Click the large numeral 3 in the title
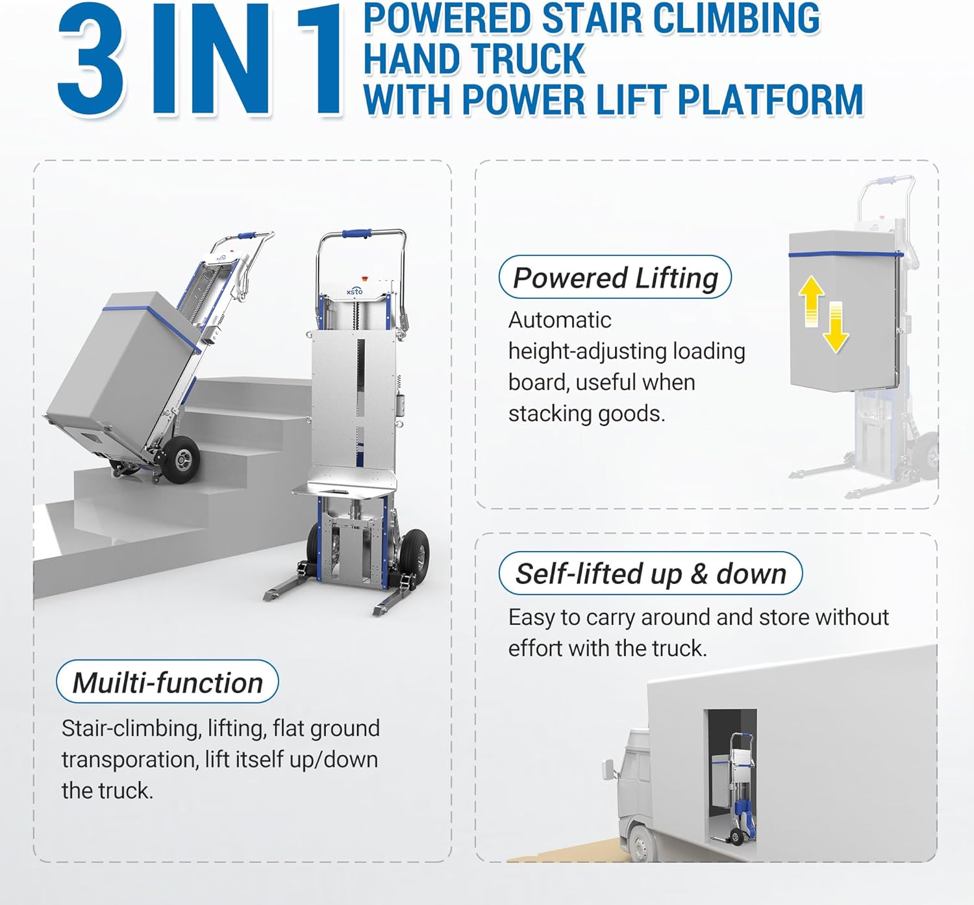click(91, 59)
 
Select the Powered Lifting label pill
click(615, 277)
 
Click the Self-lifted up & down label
click(651, 573)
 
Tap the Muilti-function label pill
click(168, 682)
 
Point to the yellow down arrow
click(836, 327)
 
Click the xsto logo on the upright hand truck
click(355, 291)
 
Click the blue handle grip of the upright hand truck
click(357, 233)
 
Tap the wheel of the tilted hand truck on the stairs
click(181, 459)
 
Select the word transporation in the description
click(129, 759)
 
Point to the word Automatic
click(560, 320)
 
